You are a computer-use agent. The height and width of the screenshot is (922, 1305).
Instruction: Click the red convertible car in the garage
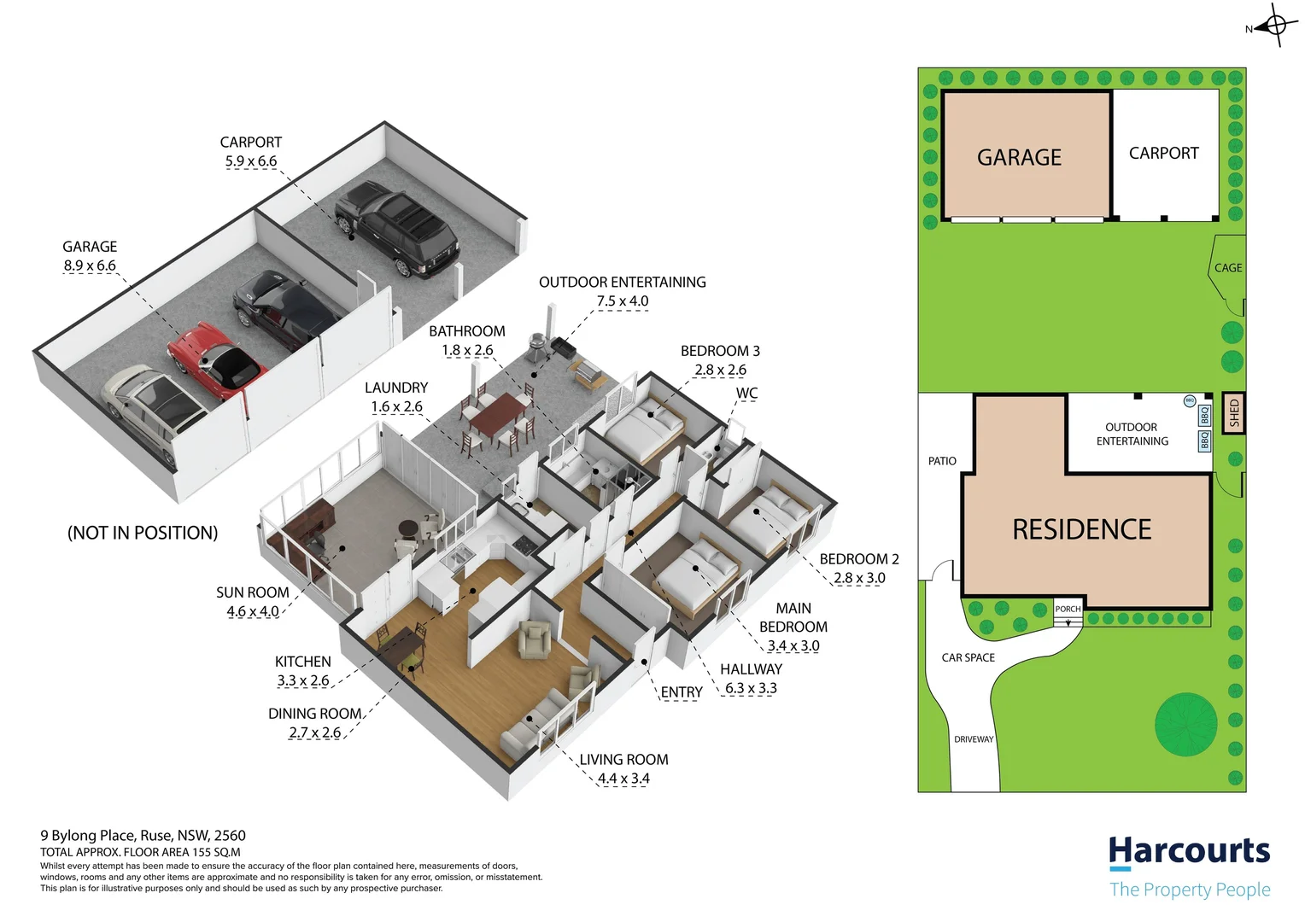(215, 359)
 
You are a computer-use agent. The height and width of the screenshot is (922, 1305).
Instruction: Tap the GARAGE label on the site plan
(1019, 158)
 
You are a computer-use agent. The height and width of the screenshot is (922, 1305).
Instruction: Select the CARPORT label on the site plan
(1163, 154)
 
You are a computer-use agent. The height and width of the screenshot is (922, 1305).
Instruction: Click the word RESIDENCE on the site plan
(1081, 530)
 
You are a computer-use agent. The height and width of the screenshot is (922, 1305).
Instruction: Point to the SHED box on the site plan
(1233, 414)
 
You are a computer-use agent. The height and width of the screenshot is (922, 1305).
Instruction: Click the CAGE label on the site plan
(1228, 268)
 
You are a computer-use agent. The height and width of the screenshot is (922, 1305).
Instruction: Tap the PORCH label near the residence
(1068, 609)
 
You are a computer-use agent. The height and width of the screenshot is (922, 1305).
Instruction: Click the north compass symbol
(1275, 26)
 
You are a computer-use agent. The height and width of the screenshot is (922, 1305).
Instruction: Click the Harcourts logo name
(1189, 851)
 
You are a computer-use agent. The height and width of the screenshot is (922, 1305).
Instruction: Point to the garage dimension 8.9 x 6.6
(90, 266)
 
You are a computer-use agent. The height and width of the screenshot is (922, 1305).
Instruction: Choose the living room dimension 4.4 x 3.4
(623, 779)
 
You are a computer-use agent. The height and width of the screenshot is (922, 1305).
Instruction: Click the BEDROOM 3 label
(720, 351)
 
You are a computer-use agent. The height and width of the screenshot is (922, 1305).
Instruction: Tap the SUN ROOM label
(252, 592)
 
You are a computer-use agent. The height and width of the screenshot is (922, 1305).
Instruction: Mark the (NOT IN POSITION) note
(143, 533)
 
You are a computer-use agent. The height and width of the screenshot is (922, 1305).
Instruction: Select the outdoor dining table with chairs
(496, 416)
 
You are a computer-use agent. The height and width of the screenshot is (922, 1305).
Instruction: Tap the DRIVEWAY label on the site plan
(974, 739)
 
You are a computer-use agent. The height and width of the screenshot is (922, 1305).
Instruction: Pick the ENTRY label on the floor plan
(681, 692)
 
